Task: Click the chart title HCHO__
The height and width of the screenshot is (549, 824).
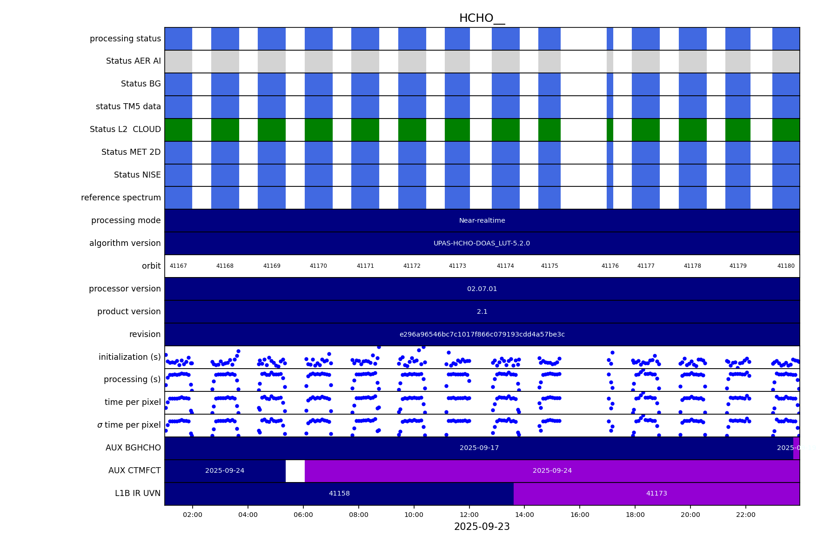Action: (482, 18)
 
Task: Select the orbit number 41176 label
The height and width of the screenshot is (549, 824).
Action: (610, 266)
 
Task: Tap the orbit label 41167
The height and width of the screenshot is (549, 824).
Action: (178, 266)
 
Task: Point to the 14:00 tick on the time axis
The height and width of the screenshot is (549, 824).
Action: (524, 515)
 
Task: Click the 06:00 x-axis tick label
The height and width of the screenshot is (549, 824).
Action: (303, 515)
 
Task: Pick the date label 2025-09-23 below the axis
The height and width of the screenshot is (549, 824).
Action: (482, 527)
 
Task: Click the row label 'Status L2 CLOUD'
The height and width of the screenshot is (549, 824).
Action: (125, 129)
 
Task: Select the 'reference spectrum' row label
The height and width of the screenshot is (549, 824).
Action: (121, 198)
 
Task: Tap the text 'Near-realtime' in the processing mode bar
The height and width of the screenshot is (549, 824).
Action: (482, 220)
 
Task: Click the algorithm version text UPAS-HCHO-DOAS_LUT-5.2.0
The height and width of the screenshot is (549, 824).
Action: (482, 243)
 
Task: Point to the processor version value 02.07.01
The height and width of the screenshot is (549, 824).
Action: (482, 289)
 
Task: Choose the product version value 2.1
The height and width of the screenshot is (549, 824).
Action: (482, 311)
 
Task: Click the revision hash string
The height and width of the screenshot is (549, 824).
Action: (482, 334)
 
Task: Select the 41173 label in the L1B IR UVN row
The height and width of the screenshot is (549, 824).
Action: (657, 493)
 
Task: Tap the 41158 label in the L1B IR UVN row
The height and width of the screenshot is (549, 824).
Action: (339, 493)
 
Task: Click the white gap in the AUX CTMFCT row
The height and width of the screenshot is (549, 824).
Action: (295, 470)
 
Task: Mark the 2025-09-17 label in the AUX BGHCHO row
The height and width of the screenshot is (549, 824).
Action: (479, 448)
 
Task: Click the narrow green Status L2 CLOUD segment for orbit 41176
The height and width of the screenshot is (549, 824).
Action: (610, 129)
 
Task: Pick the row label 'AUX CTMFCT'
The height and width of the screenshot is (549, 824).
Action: (134, 470)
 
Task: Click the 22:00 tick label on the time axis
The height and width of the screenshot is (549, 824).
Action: (746, 515)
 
